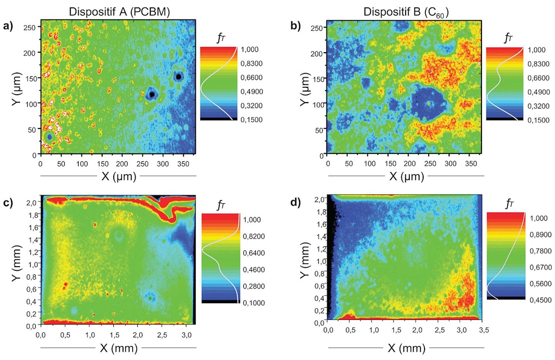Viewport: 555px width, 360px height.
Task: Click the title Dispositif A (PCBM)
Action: point(119,12)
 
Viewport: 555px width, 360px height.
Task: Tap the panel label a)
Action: point(8,26)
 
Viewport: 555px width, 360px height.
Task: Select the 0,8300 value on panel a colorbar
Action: point(253,63)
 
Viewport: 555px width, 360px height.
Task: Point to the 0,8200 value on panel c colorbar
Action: point(254,236)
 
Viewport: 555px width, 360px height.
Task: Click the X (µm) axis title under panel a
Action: point(118,176)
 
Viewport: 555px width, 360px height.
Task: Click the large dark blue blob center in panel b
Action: point(429,104)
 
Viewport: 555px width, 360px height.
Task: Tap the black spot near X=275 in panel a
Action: point(151,94)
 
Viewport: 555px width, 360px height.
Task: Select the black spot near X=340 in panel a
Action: point(178,77)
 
